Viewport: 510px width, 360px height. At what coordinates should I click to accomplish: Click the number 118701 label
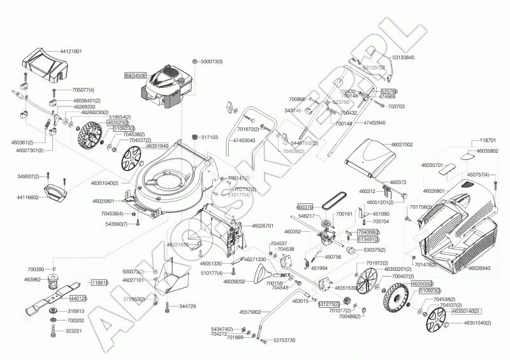tap(487, 140)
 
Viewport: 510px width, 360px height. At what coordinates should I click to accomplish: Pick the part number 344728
tap(187, 306)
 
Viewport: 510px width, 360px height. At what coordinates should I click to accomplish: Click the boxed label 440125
tap(78, 298)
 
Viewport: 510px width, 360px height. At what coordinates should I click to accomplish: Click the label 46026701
tap(263, 226)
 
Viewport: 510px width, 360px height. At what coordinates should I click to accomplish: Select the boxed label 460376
tap(305, 207)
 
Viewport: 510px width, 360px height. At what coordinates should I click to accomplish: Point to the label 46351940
tap(157, 146)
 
